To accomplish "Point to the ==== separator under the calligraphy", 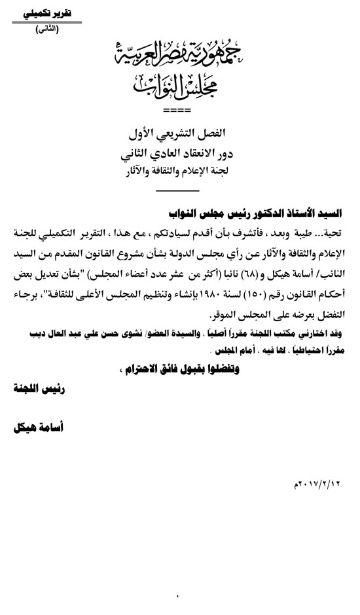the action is coord(178,109).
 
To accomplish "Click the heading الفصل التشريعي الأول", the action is coord(179,134).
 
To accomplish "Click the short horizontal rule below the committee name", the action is coord(179,190).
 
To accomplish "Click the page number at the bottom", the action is coord(177,594).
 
